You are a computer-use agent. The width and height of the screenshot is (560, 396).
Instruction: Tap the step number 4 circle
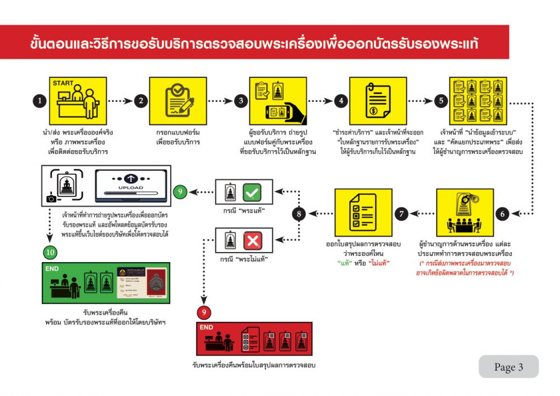tap(340, 101)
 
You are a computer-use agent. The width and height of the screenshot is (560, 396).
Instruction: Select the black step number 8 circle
tap(299, 213)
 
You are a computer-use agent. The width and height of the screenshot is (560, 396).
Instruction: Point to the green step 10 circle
tap(50, 252)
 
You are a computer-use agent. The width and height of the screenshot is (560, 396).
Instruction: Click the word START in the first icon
tap(63, 83)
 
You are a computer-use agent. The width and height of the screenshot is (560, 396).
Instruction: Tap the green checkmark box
tap(251, 193)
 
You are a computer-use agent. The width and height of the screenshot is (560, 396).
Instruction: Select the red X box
tap(251, 241)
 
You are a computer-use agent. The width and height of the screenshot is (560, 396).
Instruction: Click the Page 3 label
tap(508, 367)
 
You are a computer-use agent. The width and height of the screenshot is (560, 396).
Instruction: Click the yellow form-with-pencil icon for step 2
tap(179, 101)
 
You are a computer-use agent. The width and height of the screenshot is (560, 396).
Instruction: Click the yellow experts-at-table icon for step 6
tap(464, 213)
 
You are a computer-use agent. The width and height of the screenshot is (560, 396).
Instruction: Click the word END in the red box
tap(207, 327)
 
